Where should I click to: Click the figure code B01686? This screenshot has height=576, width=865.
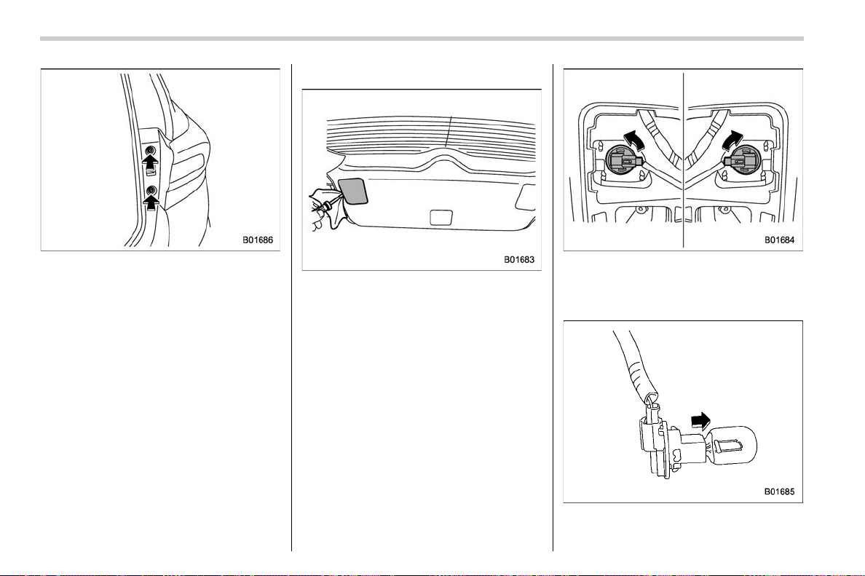258,240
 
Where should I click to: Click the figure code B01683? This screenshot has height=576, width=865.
519,259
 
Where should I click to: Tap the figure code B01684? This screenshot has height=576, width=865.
780,240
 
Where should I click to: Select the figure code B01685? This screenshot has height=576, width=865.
780,492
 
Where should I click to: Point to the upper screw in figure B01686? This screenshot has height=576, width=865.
150,151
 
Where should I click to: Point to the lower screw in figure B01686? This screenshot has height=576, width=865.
151,191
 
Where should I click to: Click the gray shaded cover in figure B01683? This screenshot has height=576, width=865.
352,190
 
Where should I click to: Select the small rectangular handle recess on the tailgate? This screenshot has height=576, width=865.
441,217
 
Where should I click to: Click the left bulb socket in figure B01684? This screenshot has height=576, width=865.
623,162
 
